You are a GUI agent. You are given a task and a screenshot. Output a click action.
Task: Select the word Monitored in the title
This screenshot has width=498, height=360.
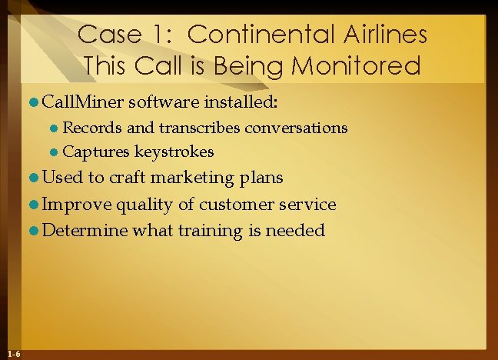point(363,65)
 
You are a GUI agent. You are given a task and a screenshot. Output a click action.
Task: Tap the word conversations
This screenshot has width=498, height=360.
point(296,127)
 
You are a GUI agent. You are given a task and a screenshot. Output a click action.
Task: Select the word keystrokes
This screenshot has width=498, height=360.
point(174,152)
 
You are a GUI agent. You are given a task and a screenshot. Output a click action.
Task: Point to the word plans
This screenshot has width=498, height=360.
point(261,178)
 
